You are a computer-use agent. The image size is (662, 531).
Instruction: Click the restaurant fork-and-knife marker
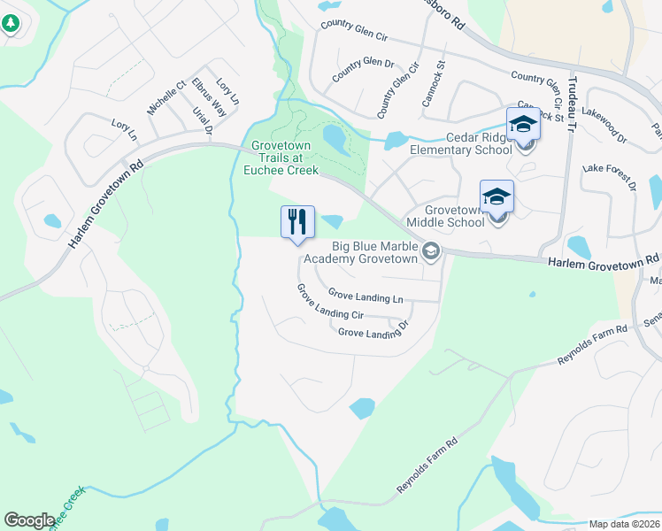point(297,221)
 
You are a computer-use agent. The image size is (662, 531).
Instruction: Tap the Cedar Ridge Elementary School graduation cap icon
point(523,124)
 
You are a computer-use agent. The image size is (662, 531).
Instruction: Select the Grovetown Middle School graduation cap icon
point(496,196)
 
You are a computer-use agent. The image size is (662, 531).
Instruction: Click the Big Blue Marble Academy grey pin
point(431,252)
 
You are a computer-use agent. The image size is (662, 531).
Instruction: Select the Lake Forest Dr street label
point(609,175)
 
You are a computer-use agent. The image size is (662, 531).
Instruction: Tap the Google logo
point(29,520)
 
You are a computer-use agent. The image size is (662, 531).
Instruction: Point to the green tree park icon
point(10,24)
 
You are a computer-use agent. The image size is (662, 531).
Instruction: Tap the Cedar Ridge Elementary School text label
point(460,143)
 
